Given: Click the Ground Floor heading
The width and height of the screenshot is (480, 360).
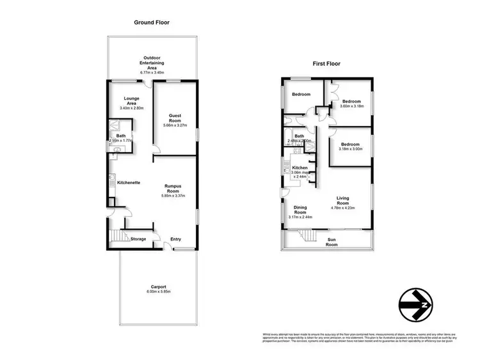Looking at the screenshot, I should pyautogui.click(x=152, y=22).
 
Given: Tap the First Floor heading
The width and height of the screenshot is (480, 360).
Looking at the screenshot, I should pyautogui.click(x=326, y=64).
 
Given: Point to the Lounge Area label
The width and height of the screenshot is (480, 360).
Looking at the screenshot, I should pyautogui.click(x=132, y=102).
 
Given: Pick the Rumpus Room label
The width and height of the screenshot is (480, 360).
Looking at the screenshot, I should pyautogui.click(x=173, y=187).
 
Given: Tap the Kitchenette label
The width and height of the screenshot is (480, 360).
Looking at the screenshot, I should pyautogui.click(x=129, y=183).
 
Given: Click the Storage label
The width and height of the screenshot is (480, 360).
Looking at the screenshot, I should pyautogui.click(x=138, y=239).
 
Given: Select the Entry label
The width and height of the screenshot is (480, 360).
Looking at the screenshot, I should pyautogui.click(x=175, y=240).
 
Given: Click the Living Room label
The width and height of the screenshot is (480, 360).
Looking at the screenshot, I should pyautogui.click(x=342, y=200).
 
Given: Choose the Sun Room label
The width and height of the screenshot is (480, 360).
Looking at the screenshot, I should pyautogui.click(x=332, y=242).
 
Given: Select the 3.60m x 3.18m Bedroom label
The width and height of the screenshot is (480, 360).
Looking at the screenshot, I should pyautogui.click(x=351, y=102).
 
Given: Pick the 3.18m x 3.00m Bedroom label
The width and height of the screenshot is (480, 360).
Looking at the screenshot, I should pyautogui.click(x=351, y=145).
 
